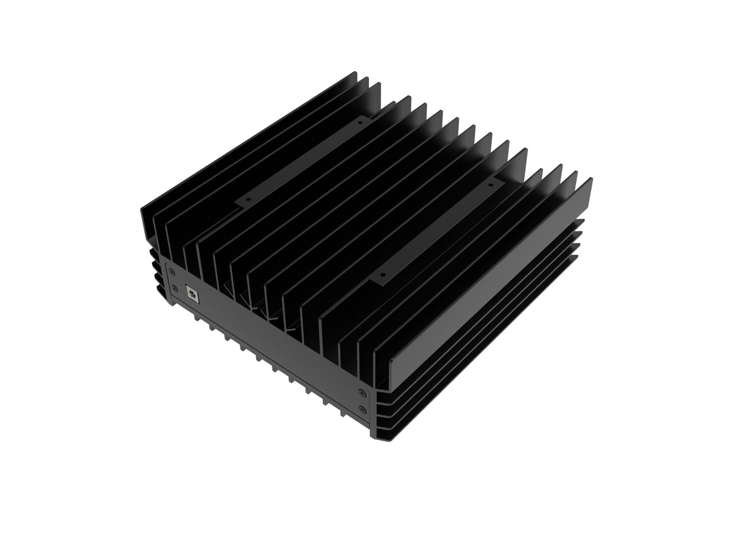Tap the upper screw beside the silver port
pos(172,272)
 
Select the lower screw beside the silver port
pos(175,287)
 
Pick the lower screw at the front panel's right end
pos(362,409)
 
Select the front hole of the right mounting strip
pos(383,275)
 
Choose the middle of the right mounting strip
pos(436,229)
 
